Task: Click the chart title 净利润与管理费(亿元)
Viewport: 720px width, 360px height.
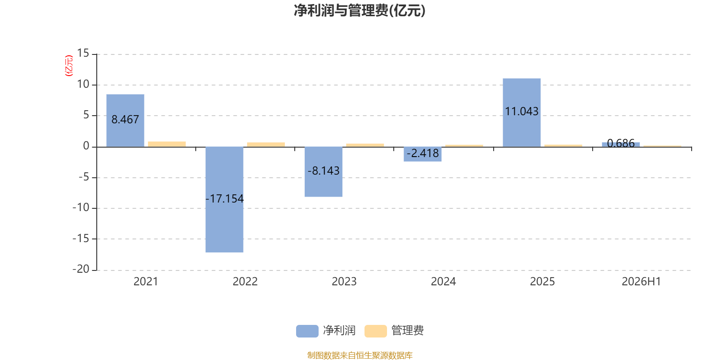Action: point(360,11)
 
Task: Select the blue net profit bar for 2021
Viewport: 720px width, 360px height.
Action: point(126,121)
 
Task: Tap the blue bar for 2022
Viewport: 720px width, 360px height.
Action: point(225,200)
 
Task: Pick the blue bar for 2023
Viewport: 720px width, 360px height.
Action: point(324,171)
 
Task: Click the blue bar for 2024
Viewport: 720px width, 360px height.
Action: point(423,154)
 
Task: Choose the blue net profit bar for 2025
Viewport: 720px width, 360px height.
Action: point(522,112)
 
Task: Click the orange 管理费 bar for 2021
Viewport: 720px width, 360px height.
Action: point(167,144)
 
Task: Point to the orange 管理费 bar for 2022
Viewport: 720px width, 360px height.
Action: point(266,144)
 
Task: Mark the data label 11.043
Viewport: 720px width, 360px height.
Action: point(522,112)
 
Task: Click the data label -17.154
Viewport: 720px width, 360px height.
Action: point(225,198)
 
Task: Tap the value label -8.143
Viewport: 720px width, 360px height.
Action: point(324,171)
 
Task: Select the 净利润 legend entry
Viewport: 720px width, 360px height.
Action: point(326,331)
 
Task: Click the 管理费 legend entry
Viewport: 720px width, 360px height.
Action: point(394,331)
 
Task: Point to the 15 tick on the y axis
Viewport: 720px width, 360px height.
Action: point(83,54)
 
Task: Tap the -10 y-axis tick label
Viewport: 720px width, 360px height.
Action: point(81,207)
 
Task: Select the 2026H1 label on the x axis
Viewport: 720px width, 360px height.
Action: point(641,282)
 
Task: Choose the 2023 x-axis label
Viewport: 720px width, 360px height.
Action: point(344,282)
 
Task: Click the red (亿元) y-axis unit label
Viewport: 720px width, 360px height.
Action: point(69,66)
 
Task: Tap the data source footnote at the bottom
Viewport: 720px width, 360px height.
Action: point(360,355)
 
